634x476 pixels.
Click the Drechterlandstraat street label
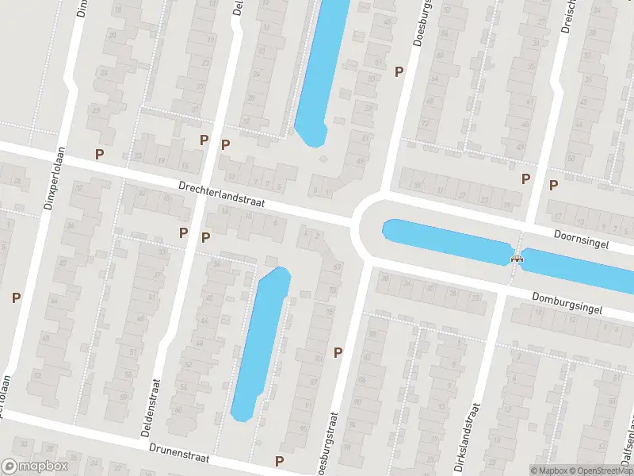click(221, 196)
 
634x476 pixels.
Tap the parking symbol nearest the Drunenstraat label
click(279, 461)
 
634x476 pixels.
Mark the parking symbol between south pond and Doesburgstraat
click(338, 352)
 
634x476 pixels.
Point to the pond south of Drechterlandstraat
click(261, 341)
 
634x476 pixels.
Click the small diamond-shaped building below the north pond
click(322, 160)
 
